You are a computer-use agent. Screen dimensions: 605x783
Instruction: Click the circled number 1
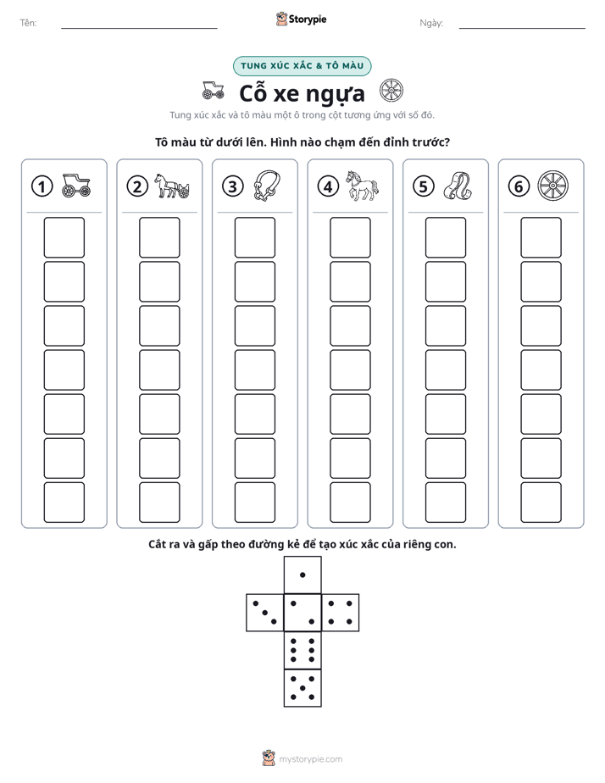42,186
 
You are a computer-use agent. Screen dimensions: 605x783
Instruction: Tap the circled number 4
328,186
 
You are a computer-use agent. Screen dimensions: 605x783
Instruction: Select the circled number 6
519,186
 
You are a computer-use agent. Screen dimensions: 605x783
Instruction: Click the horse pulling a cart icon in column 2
172,186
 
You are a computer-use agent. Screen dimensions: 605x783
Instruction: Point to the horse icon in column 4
363,186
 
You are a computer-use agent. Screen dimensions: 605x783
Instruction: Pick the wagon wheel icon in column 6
553,186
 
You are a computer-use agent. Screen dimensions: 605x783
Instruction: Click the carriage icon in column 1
76,186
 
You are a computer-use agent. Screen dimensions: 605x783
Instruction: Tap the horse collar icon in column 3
267,186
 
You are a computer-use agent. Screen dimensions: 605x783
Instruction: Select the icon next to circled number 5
458,186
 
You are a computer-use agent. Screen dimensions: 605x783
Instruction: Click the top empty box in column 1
64,237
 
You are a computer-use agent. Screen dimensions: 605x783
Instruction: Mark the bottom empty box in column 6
541,503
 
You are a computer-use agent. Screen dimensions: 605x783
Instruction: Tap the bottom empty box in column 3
254,503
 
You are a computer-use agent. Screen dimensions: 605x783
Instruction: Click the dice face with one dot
302,575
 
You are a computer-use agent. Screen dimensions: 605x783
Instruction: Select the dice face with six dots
302,650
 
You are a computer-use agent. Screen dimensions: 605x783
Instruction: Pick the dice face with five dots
302,688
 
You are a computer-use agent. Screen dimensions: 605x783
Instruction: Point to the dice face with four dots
341,613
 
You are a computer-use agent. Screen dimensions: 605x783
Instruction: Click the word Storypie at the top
308,19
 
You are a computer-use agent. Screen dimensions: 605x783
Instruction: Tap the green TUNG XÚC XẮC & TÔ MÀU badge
302,66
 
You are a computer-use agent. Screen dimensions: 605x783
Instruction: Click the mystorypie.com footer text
310,759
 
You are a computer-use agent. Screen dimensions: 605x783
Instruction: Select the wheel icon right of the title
391,91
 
